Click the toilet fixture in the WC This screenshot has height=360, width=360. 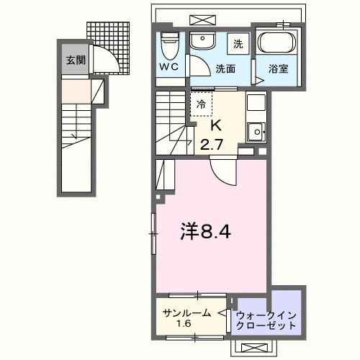[x=169, y=45]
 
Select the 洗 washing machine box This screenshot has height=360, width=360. [x=238, y=43]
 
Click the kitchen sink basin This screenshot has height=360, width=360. [x=256, y=131]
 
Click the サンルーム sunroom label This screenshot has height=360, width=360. [x=186, y=312]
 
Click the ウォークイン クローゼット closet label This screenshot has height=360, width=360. [x=266, y=319]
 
